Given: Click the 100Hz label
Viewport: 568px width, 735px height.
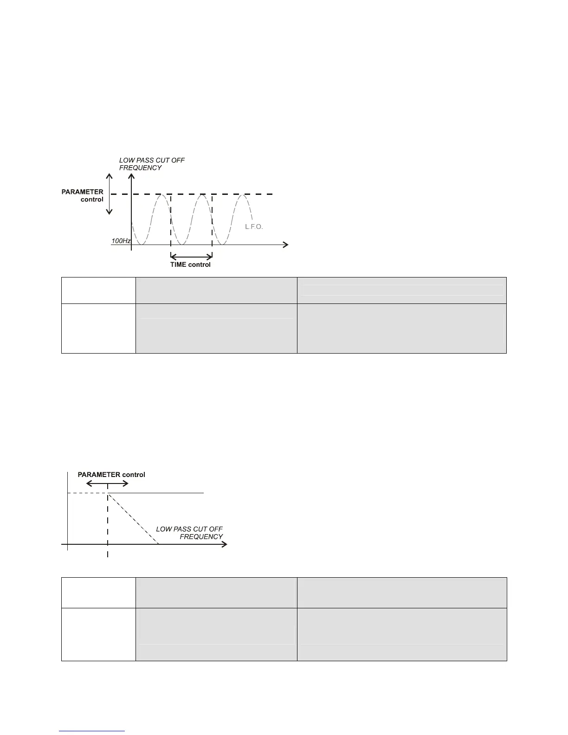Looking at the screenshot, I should [121, 241].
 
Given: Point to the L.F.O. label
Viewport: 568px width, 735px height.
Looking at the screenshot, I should [254, 227].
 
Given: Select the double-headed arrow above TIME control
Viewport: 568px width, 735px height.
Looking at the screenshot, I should [192, 256].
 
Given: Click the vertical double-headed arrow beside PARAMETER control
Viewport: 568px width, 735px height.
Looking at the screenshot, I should [110, 194].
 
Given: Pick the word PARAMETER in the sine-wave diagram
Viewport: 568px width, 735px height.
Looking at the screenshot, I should [83, 192].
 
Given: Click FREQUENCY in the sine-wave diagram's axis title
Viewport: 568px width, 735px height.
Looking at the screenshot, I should [141, 168].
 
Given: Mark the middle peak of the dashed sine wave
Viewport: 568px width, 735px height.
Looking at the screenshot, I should [202, 195].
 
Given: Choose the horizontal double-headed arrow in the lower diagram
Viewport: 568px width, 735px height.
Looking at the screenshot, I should [108, 483].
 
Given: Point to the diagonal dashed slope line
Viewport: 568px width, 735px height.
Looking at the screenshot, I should [133, 519].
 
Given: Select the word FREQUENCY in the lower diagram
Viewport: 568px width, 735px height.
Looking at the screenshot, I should [201, 537].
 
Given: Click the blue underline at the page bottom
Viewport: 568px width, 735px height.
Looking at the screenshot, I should [92, 731].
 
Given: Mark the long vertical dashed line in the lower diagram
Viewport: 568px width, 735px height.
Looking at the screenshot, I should [108, 524].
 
